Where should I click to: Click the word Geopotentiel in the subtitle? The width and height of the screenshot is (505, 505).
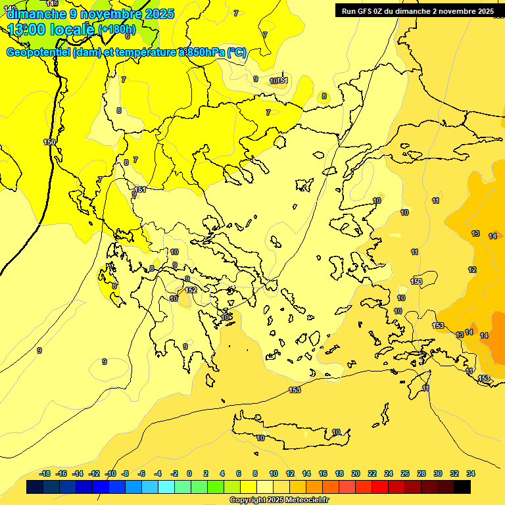click(39, 53)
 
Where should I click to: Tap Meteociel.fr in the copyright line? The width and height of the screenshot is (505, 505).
click(303, 500)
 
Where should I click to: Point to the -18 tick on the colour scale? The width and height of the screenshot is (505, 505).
click(45, 473)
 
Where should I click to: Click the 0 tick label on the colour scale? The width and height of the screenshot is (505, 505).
click(189, 473)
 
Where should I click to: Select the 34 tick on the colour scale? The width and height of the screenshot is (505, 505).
click(471, 473)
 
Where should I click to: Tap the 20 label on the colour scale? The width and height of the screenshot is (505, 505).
click(356, 473)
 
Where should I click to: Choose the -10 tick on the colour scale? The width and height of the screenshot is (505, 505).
click(110, 473)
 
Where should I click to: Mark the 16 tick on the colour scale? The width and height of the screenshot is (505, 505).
click(323, 473)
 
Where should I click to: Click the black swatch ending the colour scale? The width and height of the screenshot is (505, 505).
click(462, 487)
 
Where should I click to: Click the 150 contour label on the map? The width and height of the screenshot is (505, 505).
click(49, 142)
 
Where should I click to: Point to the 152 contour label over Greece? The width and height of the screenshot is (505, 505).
click(191, 290)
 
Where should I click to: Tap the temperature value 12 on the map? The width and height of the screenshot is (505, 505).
click(472, 270)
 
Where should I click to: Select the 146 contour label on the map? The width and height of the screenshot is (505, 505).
click(53, 4)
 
